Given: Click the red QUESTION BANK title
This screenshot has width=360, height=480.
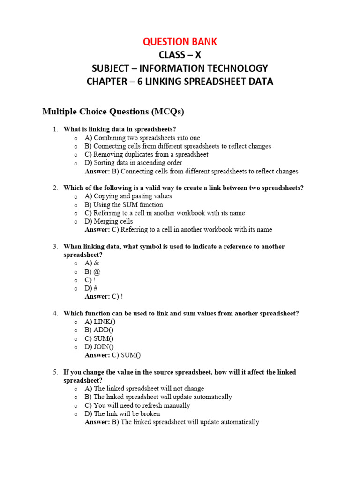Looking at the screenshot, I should [180, 42].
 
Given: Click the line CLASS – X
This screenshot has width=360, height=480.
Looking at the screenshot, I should [180, 55].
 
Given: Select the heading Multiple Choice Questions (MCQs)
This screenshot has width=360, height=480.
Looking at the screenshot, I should [113, 112].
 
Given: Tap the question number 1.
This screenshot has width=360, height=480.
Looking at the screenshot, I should [55, 129].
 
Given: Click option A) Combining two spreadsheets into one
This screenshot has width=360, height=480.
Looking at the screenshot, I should [142, 138].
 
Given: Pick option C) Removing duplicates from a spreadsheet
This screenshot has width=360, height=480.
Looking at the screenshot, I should [146, 155].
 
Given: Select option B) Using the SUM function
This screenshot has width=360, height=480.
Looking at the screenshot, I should [124, 205].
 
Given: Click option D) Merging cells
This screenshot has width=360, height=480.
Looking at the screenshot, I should [109, 221].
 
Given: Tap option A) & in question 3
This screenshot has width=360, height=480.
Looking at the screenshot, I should [92, 263].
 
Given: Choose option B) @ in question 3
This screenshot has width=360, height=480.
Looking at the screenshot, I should [92, 272].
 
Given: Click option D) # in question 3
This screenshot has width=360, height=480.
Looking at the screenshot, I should [91, 288].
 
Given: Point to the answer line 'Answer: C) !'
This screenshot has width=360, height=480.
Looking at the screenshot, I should [104, 297].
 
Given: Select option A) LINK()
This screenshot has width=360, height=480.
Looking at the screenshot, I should [100, 322].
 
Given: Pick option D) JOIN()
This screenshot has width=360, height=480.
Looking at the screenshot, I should [99, 347].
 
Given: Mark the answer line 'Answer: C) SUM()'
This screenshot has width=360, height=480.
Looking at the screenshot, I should [112, 355].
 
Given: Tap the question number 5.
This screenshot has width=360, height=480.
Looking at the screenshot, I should [55, 372].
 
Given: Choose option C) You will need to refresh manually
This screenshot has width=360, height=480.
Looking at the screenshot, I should [137, 405].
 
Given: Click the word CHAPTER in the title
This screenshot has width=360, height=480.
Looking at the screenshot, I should [107, 82].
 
